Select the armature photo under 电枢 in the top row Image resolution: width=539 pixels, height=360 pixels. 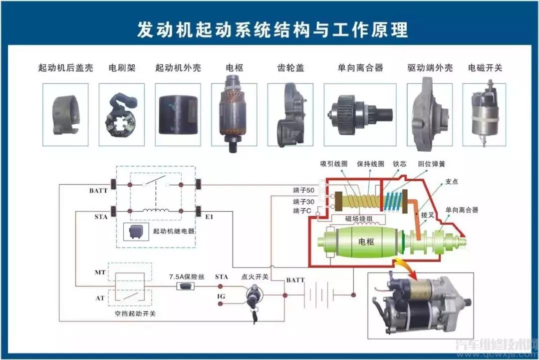click(234, 114)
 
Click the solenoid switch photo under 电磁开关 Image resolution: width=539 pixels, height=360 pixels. click(484, 114)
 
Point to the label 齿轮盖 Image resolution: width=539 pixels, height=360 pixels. click(291, 67)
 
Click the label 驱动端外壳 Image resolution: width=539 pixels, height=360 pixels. click(430, 67)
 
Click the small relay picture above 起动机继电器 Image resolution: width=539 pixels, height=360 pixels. click(137, 231)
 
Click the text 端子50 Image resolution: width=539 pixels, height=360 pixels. click(304, 190)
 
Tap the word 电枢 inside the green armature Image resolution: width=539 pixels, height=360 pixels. click(366, 241)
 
